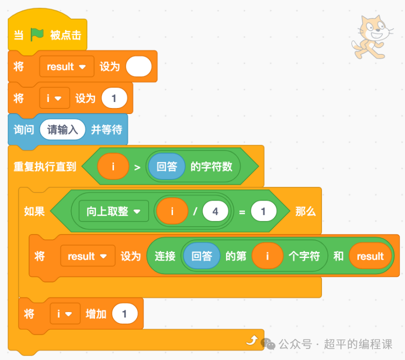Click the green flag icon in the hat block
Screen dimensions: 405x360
(37, 34)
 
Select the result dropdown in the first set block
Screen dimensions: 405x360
(66, 66)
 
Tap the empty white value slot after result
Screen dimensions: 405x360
(138, 66)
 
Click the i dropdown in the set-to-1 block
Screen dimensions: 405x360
(54, 98)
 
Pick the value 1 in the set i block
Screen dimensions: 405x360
(114, 98)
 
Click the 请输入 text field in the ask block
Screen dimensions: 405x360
(62, 129)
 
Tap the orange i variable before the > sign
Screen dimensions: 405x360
(113, 166)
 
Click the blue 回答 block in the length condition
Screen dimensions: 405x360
(167, 166)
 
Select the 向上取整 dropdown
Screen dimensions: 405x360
(113, 211)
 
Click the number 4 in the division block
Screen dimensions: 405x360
(215, 211)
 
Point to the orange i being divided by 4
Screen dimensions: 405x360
(172, 211)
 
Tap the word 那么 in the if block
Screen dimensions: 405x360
(305, 211)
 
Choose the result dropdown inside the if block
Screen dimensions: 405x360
(87, 256)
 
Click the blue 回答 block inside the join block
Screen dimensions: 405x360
(202, 256)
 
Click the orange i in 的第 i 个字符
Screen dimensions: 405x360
(267, 256)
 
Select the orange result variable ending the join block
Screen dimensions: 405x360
(370, 256)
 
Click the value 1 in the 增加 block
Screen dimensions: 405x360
(124, 314)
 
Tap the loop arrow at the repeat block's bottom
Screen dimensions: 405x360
(252, 341)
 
